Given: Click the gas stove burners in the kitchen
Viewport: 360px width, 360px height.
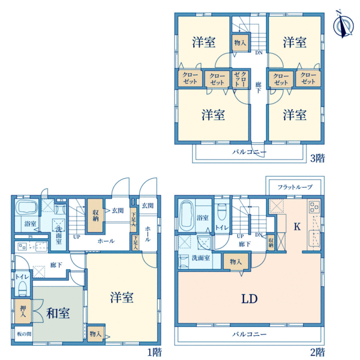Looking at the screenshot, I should click(x=315, y=208).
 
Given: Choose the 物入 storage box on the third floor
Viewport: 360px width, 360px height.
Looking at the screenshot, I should click(x=239, y=43).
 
